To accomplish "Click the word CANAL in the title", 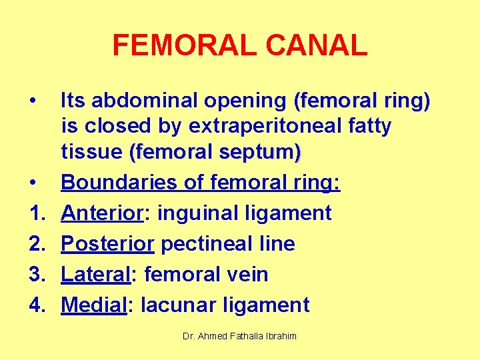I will coord(316,45).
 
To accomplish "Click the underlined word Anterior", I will coord(103,213).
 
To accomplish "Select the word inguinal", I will coord(193,213).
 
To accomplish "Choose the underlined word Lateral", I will coord(97,274).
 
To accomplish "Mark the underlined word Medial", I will coord(94,305).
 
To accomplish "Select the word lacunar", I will coord(177,305).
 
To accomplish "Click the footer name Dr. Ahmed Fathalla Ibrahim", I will coord(239,336).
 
